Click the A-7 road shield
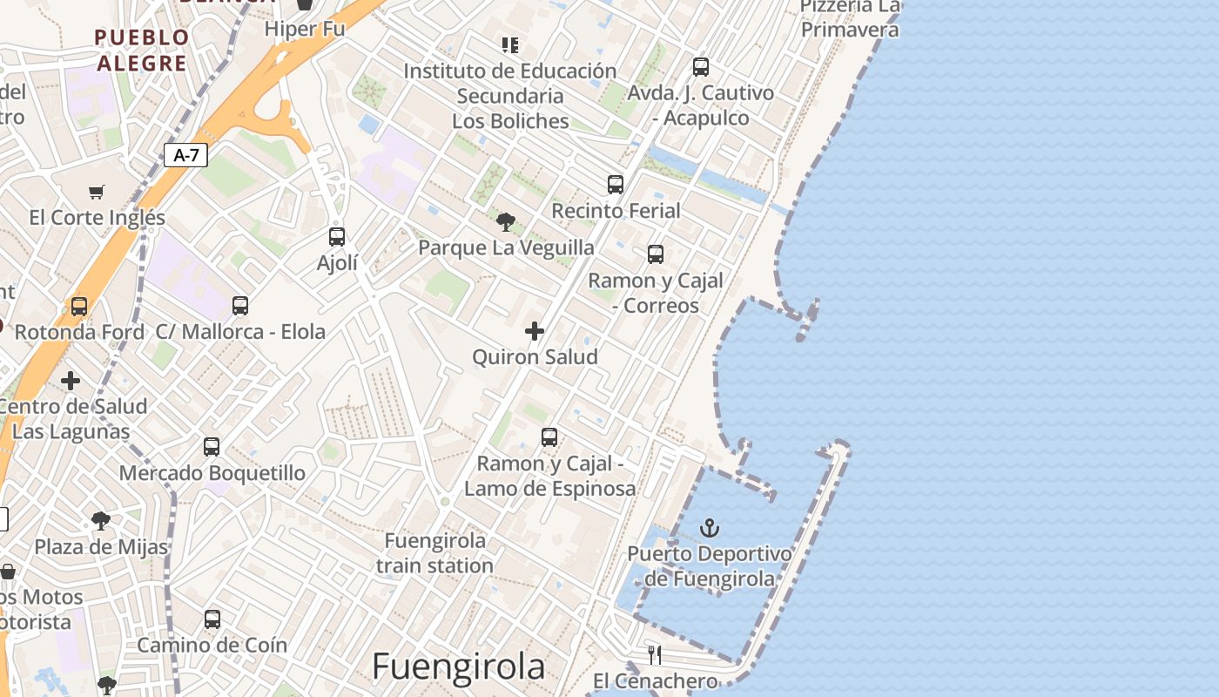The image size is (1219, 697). coord(185,156)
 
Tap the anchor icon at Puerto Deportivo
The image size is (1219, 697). coord(710,528)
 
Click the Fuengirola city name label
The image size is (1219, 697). coord(458,667)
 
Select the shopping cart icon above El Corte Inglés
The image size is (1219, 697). coord(97,192)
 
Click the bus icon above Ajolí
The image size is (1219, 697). coord(337,236)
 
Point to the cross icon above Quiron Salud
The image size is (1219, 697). coord(535,331)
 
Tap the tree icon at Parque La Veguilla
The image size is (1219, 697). coord(505,221)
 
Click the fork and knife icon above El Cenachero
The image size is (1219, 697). coord(655,654)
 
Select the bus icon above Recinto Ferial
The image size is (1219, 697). coord(616,185)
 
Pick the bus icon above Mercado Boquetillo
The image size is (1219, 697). coord(212,447)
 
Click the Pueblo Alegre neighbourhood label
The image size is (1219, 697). coord(142,50)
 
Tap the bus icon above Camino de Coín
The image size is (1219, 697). coord(212,619)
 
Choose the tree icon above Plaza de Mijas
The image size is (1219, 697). coord(101,521)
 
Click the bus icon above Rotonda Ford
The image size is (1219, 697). coord(79,307)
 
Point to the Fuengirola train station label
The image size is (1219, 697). coord(435,553)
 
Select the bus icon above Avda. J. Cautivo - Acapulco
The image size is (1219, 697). coord(701,67)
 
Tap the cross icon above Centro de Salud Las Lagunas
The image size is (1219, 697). coord(71,381)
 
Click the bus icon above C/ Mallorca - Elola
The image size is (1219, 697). coord(240,306)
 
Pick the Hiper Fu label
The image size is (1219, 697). coord(305,29)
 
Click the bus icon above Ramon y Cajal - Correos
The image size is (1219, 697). coord(656,254)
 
